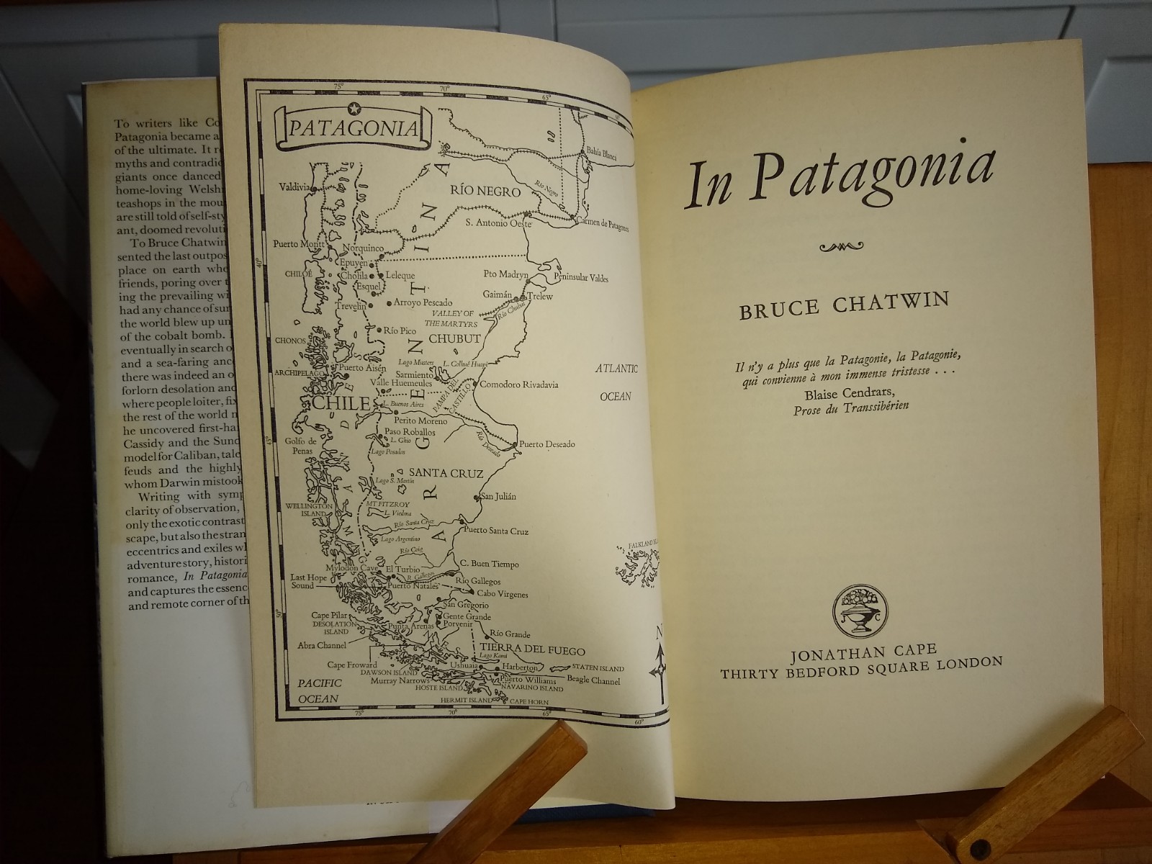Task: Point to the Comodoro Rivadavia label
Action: tap(519, 384)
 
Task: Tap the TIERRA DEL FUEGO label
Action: tap(532, 650)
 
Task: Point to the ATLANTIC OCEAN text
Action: tap(616, 382)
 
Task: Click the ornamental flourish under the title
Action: tap(840, 248)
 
